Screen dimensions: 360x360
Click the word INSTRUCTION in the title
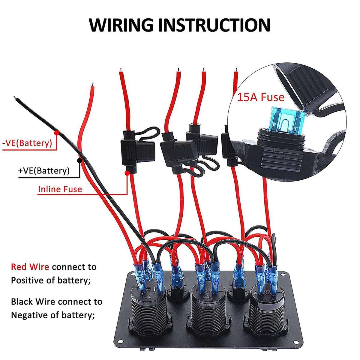tap(214, 25)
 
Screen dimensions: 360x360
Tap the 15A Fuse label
tap(261, 97)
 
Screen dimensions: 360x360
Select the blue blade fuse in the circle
tap(285, 120)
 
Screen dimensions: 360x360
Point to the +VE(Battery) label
tap(44, 171)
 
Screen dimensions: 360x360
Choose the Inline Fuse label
tap(60, 189)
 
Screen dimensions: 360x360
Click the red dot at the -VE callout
tap(56, 132)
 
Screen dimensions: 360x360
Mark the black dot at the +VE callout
tap(79, 160)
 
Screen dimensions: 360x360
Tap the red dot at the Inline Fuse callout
tap(127, 173)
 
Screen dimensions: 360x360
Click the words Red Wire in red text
tap(30, 267)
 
